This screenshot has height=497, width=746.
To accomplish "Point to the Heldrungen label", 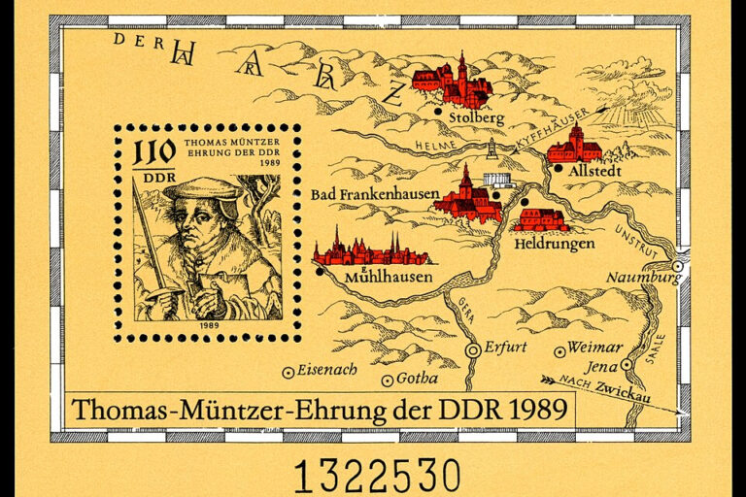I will pos(555,244).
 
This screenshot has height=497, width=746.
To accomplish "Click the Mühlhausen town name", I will pos(384,280).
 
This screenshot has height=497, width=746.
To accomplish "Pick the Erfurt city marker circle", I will pos(473,349).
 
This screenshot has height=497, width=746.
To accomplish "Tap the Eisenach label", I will pos(326,370).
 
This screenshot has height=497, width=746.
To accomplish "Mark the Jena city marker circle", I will pos(628,365).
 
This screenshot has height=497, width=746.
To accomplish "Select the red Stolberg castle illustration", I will pos(453,82).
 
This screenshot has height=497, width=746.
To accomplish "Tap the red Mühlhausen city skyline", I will pos(370,251).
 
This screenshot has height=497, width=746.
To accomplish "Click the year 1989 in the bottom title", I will pos(535,409).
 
